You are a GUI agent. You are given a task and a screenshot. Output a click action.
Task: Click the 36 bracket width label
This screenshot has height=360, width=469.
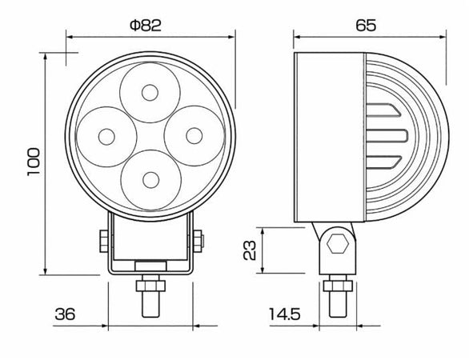65,314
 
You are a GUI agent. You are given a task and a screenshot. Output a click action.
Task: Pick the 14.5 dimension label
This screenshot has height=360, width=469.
283,314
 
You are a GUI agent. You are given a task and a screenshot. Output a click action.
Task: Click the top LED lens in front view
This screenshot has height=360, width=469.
149,91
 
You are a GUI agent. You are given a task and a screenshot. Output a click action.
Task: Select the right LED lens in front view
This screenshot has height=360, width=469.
192,134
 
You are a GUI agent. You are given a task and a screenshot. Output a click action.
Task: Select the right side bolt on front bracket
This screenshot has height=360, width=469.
198,240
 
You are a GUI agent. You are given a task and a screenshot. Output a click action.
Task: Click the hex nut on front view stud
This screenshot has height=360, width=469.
149,285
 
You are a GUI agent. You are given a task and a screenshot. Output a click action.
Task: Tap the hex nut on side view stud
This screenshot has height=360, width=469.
336,285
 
